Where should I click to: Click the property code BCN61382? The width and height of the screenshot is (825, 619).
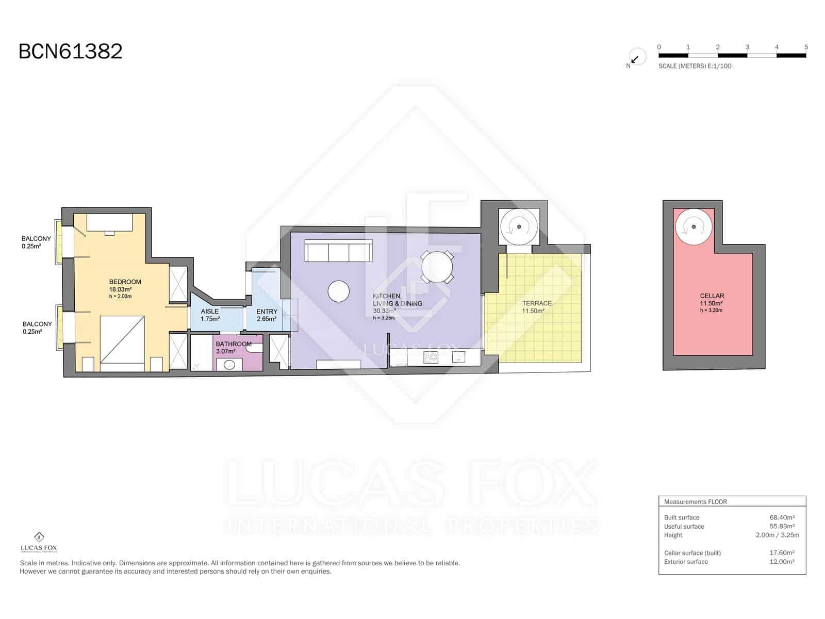[70, 51]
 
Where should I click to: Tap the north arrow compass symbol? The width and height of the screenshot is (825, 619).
[637, 57]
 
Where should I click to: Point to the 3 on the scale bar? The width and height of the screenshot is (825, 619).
[747, 47]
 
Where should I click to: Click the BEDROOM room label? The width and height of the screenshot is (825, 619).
[125, 282]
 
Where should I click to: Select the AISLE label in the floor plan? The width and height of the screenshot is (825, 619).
[209, 311]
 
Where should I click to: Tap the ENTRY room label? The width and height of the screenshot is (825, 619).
[267, 312]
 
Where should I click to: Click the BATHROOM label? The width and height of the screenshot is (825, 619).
[234, 344]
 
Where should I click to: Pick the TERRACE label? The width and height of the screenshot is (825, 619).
[537, 303]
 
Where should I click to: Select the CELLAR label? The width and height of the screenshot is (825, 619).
[712, 296]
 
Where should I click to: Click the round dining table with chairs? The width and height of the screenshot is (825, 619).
[437, 267]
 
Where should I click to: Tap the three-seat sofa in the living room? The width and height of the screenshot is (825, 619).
[339, 251]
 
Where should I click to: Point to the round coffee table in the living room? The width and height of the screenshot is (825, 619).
[338, 291]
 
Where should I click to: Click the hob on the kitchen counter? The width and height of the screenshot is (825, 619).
[431, 357]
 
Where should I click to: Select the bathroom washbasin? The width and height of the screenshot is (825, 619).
[229, 365]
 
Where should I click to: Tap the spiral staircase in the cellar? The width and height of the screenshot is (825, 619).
[693, 226]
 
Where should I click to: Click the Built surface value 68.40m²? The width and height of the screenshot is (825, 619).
[781, 517]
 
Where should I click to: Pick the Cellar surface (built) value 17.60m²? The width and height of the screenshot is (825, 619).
[781, 552]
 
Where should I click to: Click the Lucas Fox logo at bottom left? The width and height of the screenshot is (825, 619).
[39, 542]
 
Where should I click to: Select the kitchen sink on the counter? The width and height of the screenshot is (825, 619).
[458, 356]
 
